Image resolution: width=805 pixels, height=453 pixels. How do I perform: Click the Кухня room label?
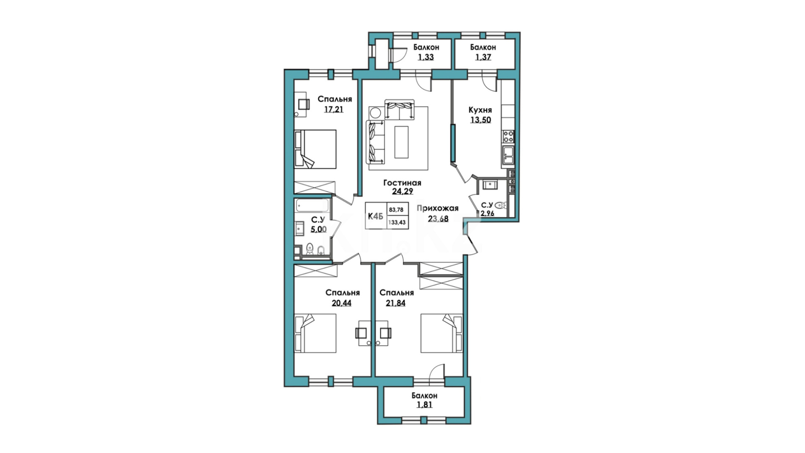click(x=480, y=110)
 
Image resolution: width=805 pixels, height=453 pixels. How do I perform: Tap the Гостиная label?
click(x=402, y=183)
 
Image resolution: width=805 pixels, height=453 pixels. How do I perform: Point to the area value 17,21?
click(x=334, y=109)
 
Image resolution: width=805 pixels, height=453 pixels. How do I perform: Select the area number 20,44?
click(x=341, y=303)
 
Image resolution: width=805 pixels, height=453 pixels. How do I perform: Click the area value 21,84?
click(x=395, y=303)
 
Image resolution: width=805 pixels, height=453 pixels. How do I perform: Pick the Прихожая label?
click(x=438, y=208)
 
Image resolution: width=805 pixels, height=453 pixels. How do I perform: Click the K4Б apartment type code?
click(x=376, y=216)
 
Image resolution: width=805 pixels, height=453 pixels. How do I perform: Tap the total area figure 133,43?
click(x=397, y=222)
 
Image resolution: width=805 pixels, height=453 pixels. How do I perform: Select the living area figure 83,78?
click(x=396, y=210)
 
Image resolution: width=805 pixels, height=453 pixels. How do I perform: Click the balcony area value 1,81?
click(x=424, y=405)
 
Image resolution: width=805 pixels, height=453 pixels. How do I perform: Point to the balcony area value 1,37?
click(x=483, y=57)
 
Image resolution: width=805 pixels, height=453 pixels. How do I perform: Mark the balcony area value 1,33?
click(x=426, y=57)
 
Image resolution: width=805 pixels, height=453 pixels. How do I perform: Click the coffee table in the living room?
click(x=401, y=142)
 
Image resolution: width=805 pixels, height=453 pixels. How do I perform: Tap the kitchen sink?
click(x=509, y=155)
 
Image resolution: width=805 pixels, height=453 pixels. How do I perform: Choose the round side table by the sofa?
click(x=375, y=113)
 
